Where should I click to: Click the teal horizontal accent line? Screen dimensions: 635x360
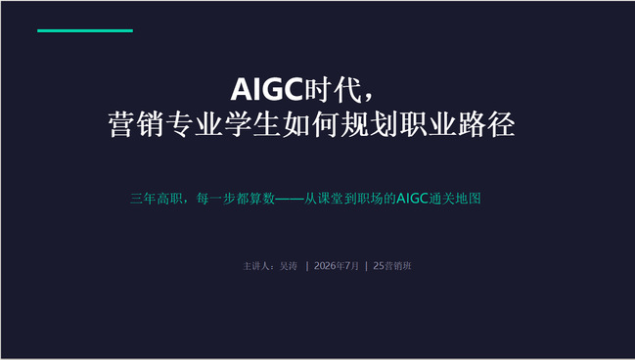tap(85, 30)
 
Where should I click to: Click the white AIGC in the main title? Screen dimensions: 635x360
tap(267, 89)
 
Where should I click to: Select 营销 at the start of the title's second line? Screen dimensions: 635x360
tap(136, 124)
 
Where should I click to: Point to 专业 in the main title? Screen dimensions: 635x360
tap(194, 124)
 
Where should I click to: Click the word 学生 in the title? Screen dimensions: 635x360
tap(252, 124)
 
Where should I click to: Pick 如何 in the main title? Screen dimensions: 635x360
tap(310, 124)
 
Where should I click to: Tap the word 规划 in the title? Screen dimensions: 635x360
tap(369, 124)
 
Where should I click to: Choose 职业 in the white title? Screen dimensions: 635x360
tap(428, 124)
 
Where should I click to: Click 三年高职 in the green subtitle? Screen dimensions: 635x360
tap(156, 199)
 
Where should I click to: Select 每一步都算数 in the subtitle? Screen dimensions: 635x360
tap(236, 199)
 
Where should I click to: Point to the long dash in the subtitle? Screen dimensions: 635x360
tap(290, 199)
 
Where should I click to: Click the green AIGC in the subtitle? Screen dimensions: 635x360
tap(413, 199)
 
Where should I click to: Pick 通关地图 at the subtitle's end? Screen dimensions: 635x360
tap(455, 199)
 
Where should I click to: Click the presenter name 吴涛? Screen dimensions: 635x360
tap(289, 266)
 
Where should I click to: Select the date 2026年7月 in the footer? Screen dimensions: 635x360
tap(337, 266)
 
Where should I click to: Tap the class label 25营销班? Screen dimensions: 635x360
tap(392, 266)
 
